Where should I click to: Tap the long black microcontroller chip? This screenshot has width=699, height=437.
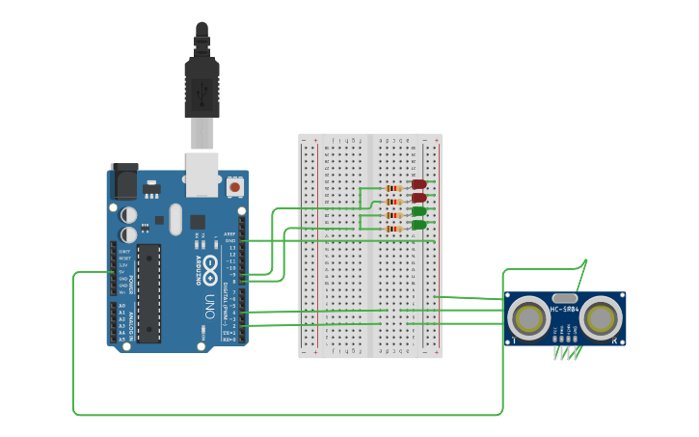pos(148,293)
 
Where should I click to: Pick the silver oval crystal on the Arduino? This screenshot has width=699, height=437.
pos(175,219)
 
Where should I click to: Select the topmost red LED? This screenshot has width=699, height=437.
pos(418,183)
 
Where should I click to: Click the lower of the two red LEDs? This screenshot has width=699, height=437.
pos(418,197)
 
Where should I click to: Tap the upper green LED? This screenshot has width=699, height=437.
pos(418,211)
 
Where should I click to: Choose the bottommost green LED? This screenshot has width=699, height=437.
pos(418,225)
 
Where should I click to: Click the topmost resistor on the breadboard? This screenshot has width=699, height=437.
pos(393,188)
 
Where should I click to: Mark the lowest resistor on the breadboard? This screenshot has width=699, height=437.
pos(393,229)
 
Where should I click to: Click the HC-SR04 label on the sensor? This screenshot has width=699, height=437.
pos(564,310)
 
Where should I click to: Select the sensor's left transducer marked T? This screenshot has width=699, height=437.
pos(527,317)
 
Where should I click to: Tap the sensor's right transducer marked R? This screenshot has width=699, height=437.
pos(602,317)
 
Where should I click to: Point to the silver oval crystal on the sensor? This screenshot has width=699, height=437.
pos(564,298)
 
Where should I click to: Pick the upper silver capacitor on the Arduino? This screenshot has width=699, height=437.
pos(128,215)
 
